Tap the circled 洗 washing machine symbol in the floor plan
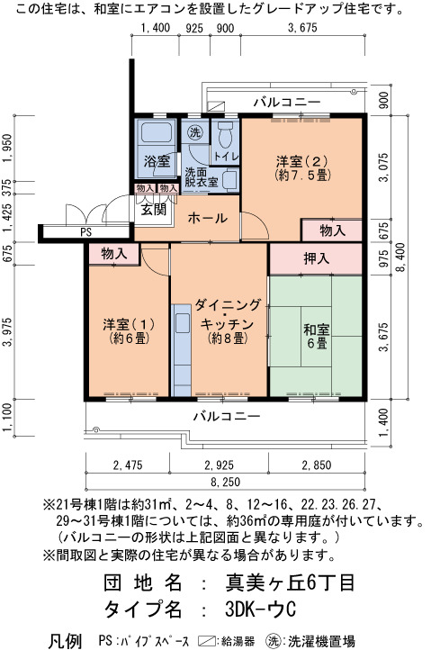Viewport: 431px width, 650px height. pyautogui.click(x=194, y=132)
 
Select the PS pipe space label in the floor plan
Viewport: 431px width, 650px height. pyautogui.click(x=85, y=231)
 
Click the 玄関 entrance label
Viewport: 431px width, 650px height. pyautogui.click(x=154, y=210)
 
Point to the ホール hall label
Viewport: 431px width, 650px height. pyautogui.click(x=208, y=218)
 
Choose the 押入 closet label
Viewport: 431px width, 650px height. pyautogui.click(x=316, y=258)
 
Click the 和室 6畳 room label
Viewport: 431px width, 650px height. pyautogui.click(x=316, y=336)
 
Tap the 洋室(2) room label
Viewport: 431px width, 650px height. pyautogui.click(x=302, y=167)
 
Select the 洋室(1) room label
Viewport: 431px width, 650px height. pyautogui.click(x=129, y=330)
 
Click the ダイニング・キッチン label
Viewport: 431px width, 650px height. pyautogui.click(x=228, y=321)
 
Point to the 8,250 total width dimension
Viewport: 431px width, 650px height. pyautogui.click(x=225, y=483)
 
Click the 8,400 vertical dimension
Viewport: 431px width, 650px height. pyautogui.click(x=400, y=257)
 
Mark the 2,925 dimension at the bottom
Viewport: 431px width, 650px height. pyautogui.click(x=219, y=465)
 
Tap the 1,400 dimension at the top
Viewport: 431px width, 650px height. pyautogui.click(x=156, y=28)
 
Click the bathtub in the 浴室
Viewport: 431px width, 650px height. pyautogui.click(x=157, y=131)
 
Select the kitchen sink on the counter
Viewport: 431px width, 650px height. pyautogui.click(x=183, y=323)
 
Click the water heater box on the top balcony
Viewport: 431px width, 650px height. pyautogui.click(x=216, y=105)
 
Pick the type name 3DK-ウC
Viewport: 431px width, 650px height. pyautogui.click(x=261, y=609)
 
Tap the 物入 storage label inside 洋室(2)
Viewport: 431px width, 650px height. pyautogui.click(x=332, y=230)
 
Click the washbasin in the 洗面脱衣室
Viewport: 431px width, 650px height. pyautogui.click(x=230, y=180)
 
